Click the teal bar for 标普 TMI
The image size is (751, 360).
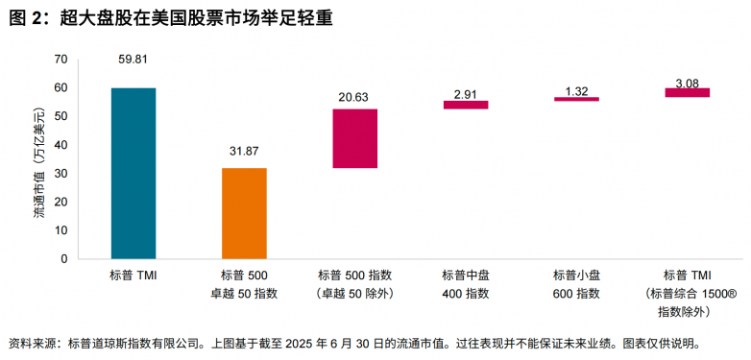(x=133, y=173)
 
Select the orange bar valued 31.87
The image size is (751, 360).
(x=244, y=213)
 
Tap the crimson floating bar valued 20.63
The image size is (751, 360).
(x=354, y=138)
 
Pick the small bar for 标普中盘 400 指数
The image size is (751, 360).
(x=465, y=105)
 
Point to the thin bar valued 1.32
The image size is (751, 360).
(x=576, y=99)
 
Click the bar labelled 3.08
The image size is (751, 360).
(x=687, y=92)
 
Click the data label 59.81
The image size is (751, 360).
(x=133, y=60)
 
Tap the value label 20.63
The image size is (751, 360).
(x=354, y=96)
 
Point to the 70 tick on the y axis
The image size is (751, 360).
(x=61, y=60)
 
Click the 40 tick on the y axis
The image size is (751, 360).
(x=61, y=145)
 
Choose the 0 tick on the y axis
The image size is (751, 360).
(x=64, y=258)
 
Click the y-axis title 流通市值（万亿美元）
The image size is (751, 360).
(x=39, y=158)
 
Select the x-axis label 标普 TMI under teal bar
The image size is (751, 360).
(x=133, y=275)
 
